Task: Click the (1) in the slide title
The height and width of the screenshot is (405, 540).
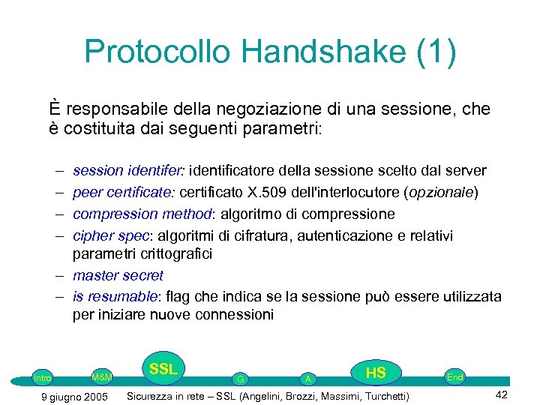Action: point(433,52)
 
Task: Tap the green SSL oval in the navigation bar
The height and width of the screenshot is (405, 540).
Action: point(163,369)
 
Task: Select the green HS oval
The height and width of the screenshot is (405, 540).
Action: point(376,373)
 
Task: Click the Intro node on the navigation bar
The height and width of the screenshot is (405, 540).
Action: point(42,378)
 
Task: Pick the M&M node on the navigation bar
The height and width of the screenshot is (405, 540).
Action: point(101,376)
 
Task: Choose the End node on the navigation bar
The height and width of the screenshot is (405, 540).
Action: point(454,377)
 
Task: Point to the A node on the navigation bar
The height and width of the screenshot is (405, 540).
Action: point(307,379)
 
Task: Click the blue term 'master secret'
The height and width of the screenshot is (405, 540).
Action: point(118,275)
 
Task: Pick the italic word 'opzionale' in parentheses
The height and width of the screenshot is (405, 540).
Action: point(440,192)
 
